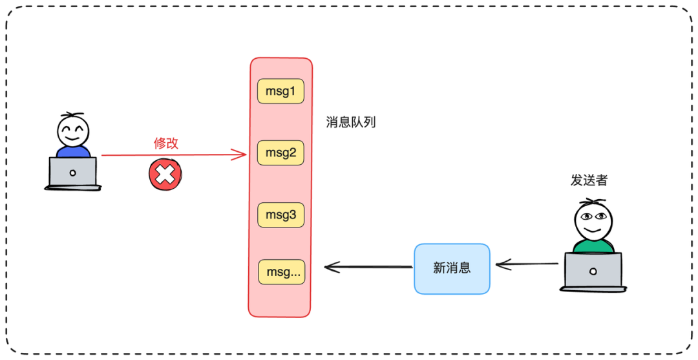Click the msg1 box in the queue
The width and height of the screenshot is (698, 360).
click(x=280, y=91)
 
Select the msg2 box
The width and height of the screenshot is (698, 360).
click(x=280, y=153)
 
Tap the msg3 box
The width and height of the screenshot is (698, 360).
click(x=280, y=215)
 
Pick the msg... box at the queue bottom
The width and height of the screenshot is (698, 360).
click(x=282, y=272)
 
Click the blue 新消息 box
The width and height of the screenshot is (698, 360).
click(x=452, y=269)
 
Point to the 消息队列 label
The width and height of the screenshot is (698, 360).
click(x=351, y=122)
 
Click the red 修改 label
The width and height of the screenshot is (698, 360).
click(x=165, y=143)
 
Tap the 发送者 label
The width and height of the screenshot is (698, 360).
click(x=589, y=180)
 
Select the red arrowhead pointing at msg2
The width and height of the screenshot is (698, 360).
click(x=240, y=155)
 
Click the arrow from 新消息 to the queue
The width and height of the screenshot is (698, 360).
click(x=368, y=267)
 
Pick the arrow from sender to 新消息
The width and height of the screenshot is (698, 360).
click(x=527, y=265)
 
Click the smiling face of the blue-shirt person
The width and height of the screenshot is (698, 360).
click(x=73, y=131)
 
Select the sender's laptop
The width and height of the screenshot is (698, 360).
click(x=593, y=271)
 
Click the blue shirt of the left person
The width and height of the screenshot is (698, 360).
click(x=73, y=151)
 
